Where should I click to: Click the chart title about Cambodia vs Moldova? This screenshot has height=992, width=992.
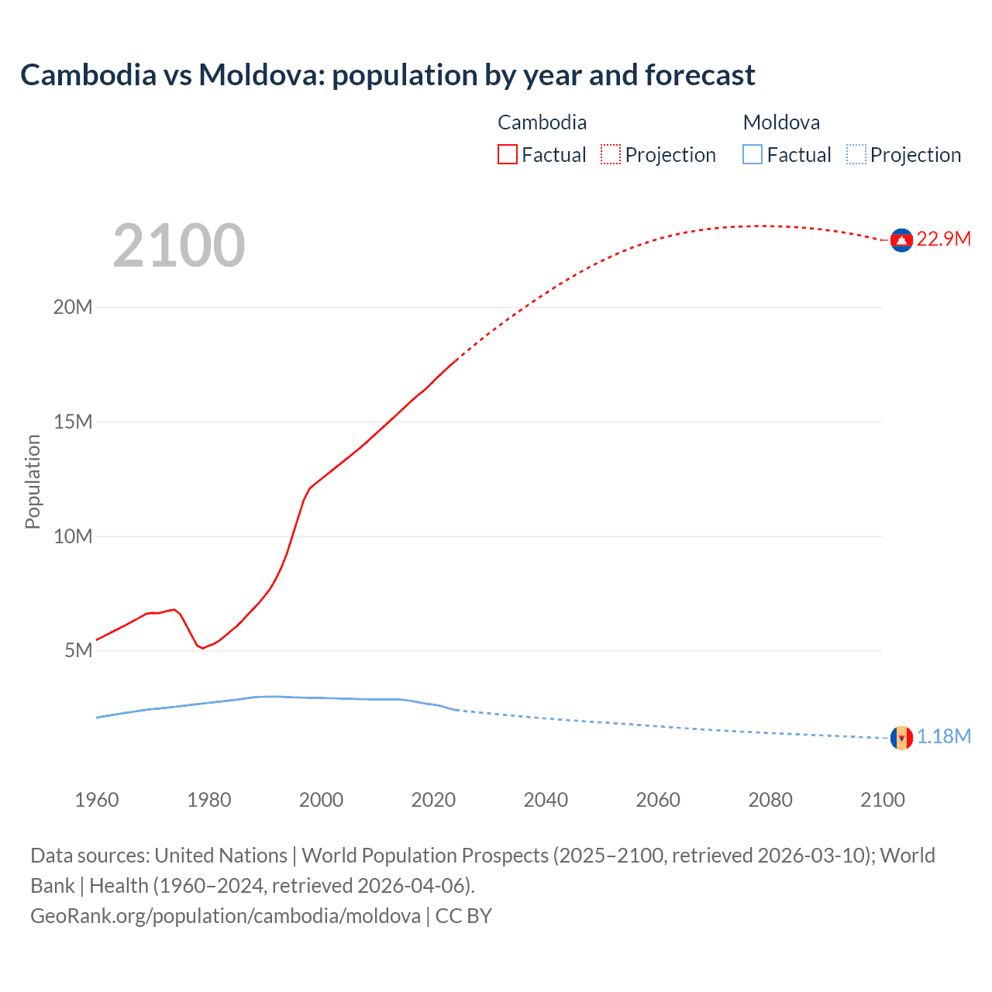point(387,75)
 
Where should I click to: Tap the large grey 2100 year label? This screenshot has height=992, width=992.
point(179,246)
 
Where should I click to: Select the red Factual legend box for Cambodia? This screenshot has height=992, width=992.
point(508,155)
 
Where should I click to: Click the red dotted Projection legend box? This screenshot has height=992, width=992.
point(611,155)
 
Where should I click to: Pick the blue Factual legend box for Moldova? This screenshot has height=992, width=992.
point(753,155)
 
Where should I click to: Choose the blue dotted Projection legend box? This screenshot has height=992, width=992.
point(856,155)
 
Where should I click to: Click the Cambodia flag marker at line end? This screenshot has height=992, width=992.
point(901,240)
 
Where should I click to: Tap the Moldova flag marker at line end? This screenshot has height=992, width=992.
point(901,738)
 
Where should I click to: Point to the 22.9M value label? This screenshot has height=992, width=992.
point(943,239)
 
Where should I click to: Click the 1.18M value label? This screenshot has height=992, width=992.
point(943,736)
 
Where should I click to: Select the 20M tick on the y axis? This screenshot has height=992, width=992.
point(73,308)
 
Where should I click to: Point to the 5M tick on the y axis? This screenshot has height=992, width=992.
point(78,650)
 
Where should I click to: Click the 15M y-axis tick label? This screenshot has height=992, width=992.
point(73,422)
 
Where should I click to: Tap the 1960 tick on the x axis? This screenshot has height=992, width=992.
point(97,800)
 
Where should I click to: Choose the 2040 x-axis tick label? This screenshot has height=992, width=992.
point(546,800)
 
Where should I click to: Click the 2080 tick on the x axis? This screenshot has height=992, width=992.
point(770,800)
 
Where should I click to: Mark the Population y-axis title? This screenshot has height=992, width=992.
point(33,481)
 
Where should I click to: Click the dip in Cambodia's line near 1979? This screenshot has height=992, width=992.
point(203,648)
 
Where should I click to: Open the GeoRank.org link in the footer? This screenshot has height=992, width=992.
point(226,916)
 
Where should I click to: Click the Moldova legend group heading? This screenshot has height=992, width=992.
point(781,122)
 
